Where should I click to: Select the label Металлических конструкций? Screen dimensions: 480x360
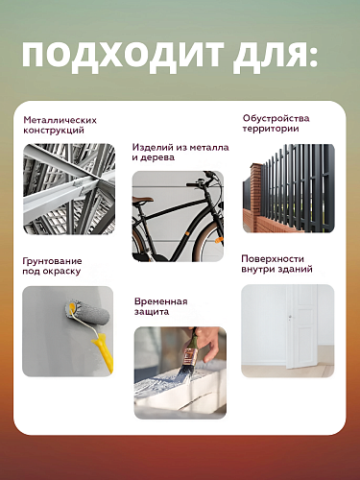60,126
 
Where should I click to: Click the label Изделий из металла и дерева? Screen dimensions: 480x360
180,154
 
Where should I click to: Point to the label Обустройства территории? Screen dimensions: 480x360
276,124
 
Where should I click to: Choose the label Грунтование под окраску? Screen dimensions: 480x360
52,266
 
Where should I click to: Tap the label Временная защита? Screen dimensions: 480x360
160,307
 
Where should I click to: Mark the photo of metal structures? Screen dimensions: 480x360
68,189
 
